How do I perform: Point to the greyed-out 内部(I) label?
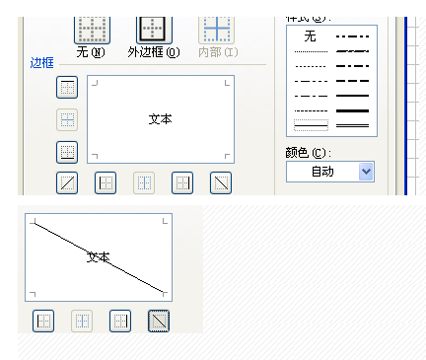pyautogui.click(x=216, y=52)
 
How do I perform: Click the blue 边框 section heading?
pyautogui.click(x=42, y=64)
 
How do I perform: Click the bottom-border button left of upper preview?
pyautogui.click(x=67, y=152)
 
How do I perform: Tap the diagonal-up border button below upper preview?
pyautogui.click(x=67, y=181)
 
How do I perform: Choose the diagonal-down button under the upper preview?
pyautogui.click(x=221, y=181)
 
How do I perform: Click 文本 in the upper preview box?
pyautogui.click(x=160, y=118)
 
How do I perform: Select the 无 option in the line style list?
pyautogui.click(x=310, y=36)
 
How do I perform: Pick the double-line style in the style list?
pyautogui.click(x=352, y=125)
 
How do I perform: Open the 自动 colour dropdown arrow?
pyautogui.click(x=366, y=171)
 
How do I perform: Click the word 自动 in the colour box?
pyautogui.click(x=321, y=172)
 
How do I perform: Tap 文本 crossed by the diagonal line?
pyautogui.click(x=98, y=256)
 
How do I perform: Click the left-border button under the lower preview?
pyautogui.click(x=43, y=320)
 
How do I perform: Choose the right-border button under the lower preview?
pyautogui.click(x=120, y=320)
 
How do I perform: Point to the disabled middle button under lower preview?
pyautogui.click(x=82, y=320)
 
